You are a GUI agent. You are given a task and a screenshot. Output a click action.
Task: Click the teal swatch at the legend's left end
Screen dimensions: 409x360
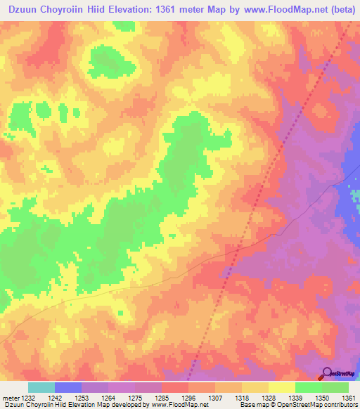point(41,387)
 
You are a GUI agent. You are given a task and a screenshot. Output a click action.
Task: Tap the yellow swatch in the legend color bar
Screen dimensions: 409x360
point(281,387)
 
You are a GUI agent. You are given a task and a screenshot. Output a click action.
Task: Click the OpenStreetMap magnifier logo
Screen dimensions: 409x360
point(327,374)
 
